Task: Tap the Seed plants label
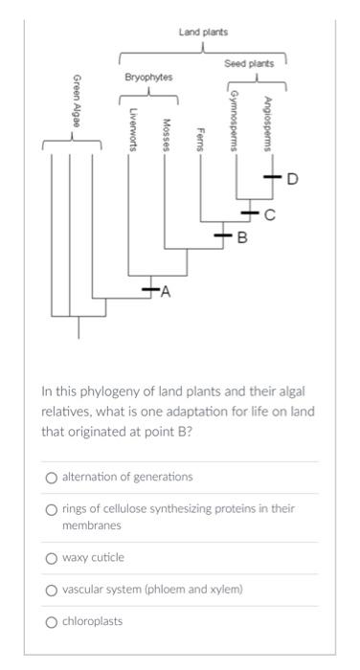249,63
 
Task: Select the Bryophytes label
148,77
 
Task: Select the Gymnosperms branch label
235,121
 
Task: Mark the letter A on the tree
166,293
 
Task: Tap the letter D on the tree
292,178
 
